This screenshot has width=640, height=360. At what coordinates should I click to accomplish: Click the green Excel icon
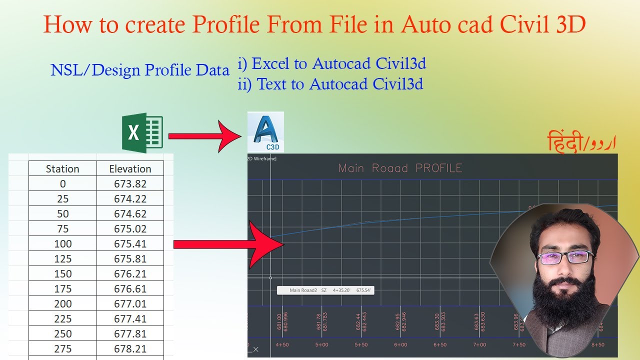pos(142,133)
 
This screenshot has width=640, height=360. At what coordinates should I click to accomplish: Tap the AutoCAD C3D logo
pos(265,132)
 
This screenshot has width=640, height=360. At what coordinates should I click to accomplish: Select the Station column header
pos(62,169)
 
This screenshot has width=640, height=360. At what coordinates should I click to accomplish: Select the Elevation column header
pos(130,169)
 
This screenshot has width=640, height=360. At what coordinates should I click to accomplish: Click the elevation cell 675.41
pos(130,244)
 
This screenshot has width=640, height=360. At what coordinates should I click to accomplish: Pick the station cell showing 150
pos(62,274)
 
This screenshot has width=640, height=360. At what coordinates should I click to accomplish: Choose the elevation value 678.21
pos(130,349)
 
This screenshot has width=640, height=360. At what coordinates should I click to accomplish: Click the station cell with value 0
pos(62,184)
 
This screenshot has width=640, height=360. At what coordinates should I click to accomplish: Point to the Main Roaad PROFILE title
pos(400,168)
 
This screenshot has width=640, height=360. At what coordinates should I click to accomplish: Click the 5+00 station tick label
pos(321,345)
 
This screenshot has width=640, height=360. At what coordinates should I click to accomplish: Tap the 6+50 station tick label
pos(440,345)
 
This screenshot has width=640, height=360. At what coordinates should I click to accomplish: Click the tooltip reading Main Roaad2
pos(325,290)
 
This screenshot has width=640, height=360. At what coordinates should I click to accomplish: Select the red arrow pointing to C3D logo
pos(205,136)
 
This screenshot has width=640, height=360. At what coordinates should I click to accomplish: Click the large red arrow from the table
pos(230,244)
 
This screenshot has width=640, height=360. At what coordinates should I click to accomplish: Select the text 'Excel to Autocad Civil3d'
pos(338,64)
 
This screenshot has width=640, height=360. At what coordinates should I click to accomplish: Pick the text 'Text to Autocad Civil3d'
pos(340,84)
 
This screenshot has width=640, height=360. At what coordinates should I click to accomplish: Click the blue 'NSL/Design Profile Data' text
pos(139,70)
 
